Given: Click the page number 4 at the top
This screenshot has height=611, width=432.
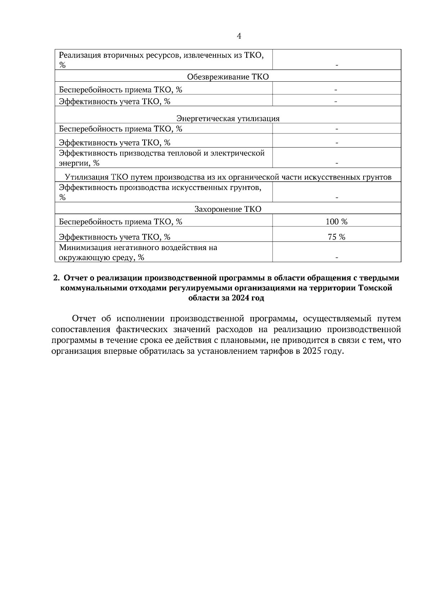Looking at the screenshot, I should (x=239, y=36).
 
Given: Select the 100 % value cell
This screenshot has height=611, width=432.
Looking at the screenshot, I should (x=336, y=222).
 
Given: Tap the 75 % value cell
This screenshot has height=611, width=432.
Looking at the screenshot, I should (x=336, y=237).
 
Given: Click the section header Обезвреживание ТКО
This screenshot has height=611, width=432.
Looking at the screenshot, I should (x=228, y=77).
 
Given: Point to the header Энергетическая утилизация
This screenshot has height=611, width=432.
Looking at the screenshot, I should (x=228, y=119).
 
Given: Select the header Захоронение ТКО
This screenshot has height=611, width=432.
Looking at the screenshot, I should (x=228, y=209).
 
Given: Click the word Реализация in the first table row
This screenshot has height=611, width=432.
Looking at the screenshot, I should (x=80, y=55).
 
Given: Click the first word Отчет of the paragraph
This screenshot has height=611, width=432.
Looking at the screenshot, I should (x=84, y=319).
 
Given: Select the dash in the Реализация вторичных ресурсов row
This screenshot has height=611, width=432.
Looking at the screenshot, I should (x=336, y=65).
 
